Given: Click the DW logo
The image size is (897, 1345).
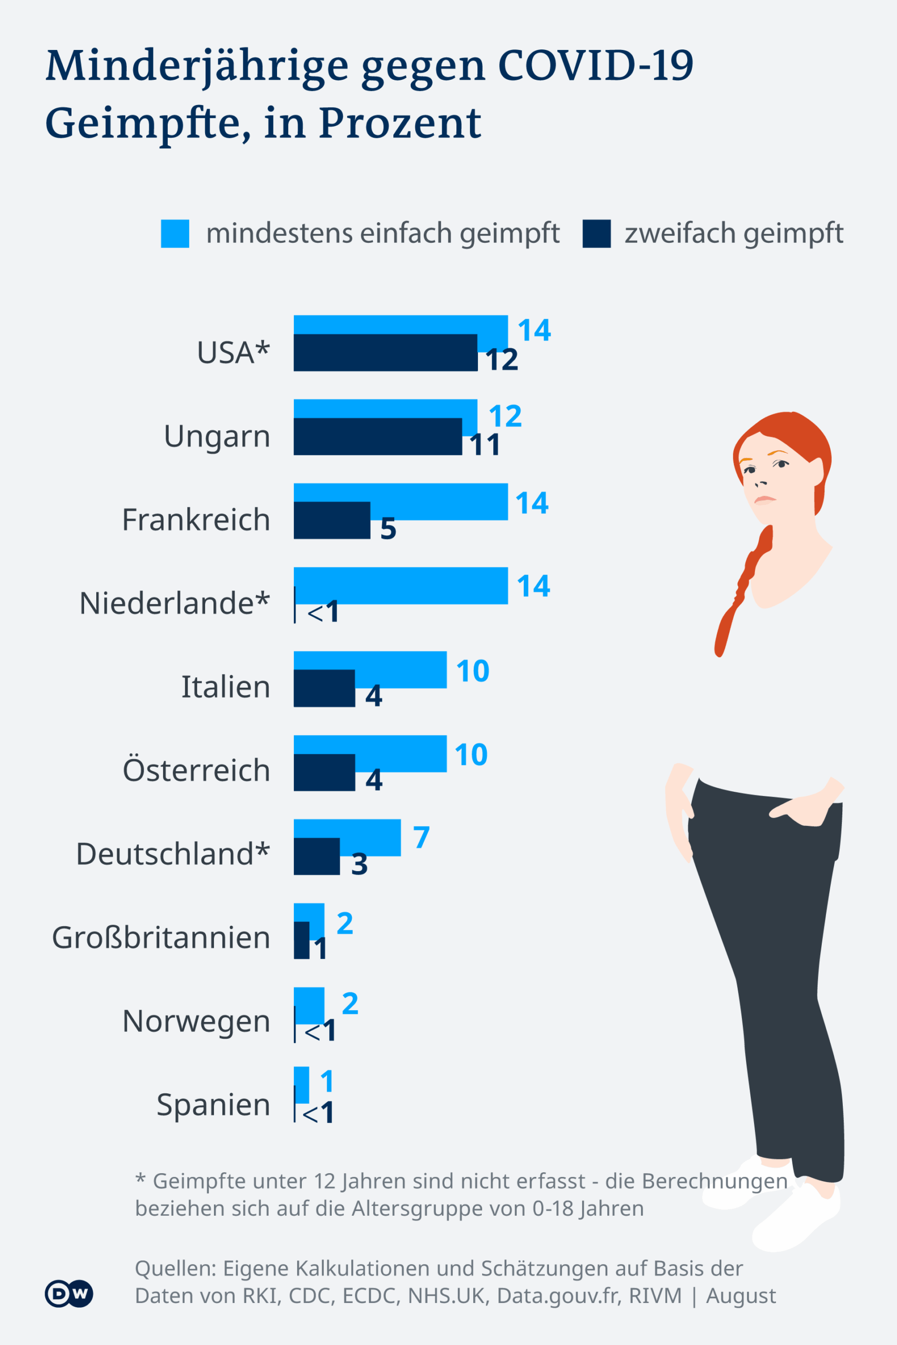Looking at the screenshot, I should coord(69,1294).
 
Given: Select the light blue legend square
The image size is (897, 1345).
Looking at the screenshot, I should coord(175,234).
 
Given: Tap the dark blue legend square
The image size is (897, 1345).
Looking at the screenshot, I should coord(596,234).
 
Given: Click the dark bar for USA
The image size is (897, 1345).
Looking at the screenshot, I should coord(385,353).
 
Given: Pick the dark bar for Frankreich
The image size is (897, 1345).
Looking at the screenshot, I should coord(332,520).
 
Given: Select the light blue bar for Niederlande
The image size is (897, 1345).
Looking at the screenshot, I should coord(401,585).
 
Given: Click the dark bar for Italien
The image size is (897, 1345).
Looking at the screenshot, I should coord(324,688).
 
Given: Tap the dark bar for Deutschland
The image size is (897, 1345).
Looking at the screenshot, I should coord(317,856).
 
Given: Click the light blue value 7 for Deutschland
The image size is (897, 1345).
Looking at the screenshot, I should coord(422,837).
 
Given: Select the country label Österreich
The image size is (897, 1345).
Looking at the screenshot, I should coord(196,770).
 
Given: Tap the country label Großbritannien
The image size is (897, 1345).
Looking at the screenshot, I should coord(161,937).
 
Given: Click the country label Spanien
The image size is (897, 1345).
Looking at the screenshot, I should coord(213,1104).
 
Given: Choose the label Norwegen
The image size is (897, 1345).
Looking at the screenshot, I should coord(196,1021).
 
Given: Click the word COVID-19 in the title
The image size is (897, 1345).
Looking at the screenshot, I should coord(596,66).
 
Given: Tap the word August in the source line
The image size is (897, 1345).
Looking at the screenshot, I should coord(741,1295).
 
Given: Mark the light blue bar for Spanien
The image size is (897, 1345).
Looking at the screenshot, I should coord(301,1084).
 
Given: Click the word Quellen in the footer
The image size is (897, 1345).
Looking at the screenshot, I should coord(175,1268).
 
